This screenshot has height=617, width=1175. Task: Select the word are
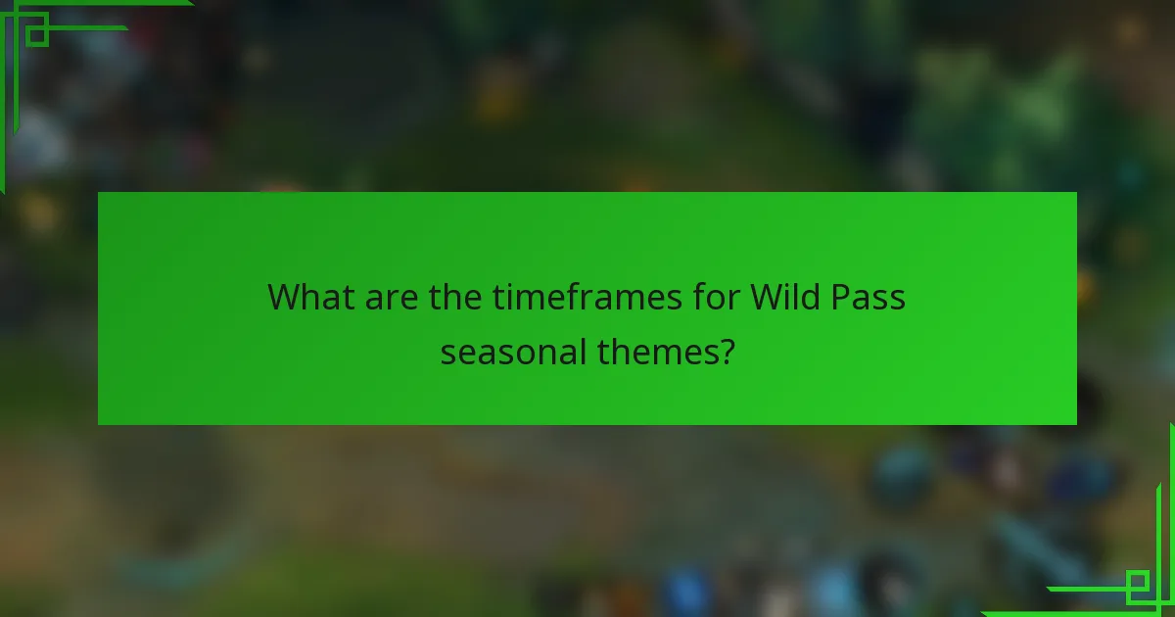[x=390, y=296]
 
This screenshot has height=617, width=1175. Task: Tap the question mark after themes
[x=727, y=351]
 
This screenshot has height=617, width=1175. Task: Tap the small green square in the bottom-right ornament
[x=1137, y=586]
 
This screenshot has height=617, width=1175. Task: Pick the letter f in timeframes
[x=587, y=296]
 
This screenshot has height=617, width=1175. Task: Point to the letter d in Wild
[x=812, y=296]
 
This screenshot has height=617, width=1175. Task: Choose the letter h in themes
[x=622, y=351]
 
